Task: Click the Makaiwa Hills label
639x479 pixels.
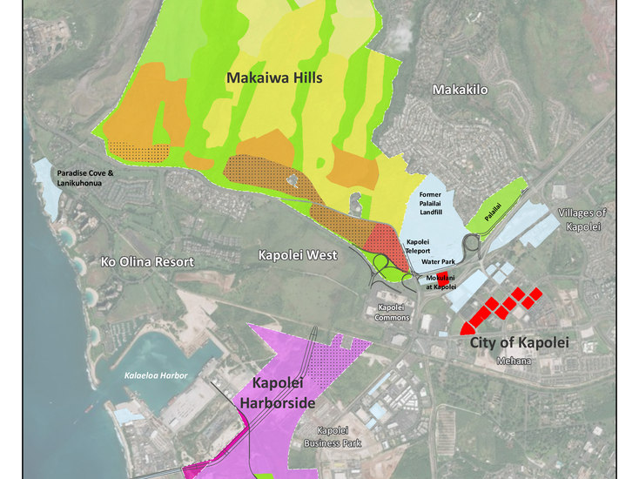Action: tap(274, 78)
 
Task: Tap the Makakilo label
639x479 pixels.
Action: tap(460, 90)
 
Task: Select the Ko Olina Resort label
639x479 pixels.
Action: tap(147, 261)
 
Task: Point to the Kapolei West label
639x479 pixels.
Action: tap(297, 255)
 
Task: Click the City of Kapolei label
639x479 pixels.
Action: tap(519, 343)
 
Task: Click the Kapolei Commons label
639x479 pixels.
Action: tap(396, 314)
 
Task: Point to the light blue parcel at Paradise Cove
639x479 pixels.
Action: tap(44, 186)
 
